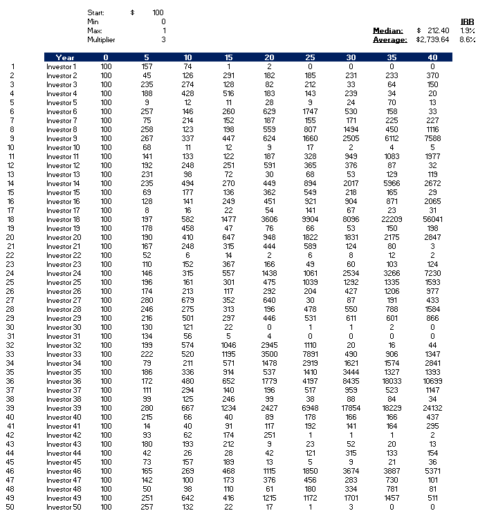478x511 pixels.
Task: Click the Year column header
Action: [x=65, y=57]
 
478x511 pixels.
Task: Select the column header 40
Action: [x=433, y=57]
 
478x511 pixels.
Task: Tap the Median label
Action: [x=388, y=30]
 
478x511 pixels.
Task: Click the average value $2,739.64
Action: [x=433, y=39]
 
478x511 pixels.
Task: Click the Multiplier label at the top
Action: [x=101, y=39]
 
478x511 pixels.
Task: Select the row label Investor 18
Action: [x=62, y=219]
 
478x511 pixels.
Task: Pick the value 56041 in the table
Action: [x=433, y=219]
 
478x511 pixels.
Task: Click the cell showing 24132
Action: [x=433, y=408]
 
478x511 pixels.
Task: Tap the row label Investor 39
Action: [x=62, y=408]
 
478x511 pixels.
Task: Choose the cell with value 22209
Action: [x=392, y=219]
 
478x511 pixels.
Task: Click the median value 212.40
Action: [x=438, y=30]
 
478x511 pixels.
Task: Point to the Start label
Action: [x=96, y=12]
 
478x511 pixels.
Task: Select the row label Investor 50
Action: [x=62, y=507]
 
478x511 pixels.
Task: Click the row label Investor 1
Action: [x=61, y=66]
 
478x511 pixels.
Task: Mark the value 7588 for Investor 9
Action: [x=433, y=138]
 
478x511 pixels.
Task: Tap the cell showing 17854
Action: [x=351, y=408]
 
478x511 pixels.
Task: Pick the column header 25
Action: [x=310, y=57]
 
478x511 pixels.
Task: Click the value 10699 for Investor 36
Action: [x=433, y=381]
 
